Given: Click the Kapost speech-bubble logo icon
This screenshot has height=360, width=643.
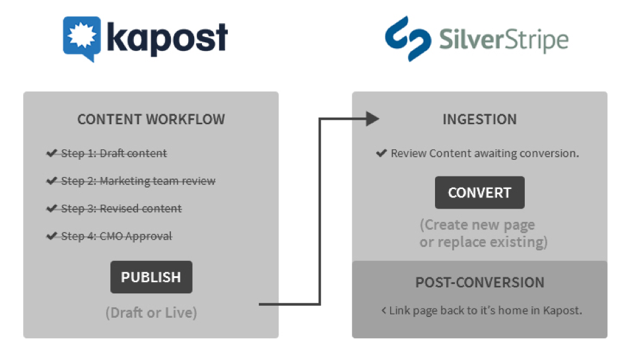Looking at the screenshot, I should point(83,38).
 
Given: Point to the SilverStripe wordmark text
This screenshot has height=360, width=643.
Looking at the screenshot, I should point(503,40).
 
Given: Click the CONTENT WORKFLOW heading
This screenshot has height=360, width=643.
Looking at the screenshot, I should point(151,120).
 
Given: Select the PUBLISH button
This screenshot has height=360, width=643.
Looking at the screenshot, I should point(151,277).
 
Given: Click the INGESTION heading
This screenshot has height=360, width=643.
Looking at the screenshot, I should point(479,120).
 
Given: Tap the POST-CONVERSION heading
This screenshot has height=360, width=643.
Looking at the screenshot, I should point(480,282).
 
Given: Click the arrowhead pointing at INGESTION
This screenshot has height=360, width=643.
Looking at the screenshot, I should point(372,119).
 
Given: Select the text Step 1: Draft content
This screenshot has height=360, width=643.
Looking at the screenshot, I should point(114,153).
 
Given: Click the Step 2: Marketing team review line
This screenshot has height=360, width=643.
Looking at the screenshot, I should point(139,181).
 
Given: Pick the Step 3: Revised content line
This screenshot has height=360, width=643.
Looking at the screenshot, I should point(121,209).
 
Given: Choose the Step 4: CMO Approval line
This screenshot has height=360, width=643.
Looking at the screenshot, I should point(117,236).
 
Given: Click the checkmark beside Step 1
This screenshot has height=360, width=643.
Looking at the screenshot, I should point(52,153).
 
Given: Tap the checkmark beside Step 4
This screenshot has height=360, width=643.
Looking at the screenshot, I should point(52,236).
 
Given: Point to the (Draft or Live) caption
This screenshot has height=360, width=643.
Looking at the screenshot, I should point(151,312).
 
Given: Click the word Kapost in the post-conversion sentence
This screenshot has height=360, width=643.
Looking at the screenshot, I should point(562,310).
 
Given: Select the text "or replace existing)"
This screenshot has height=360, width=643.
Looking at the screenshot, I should point(483,242).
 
